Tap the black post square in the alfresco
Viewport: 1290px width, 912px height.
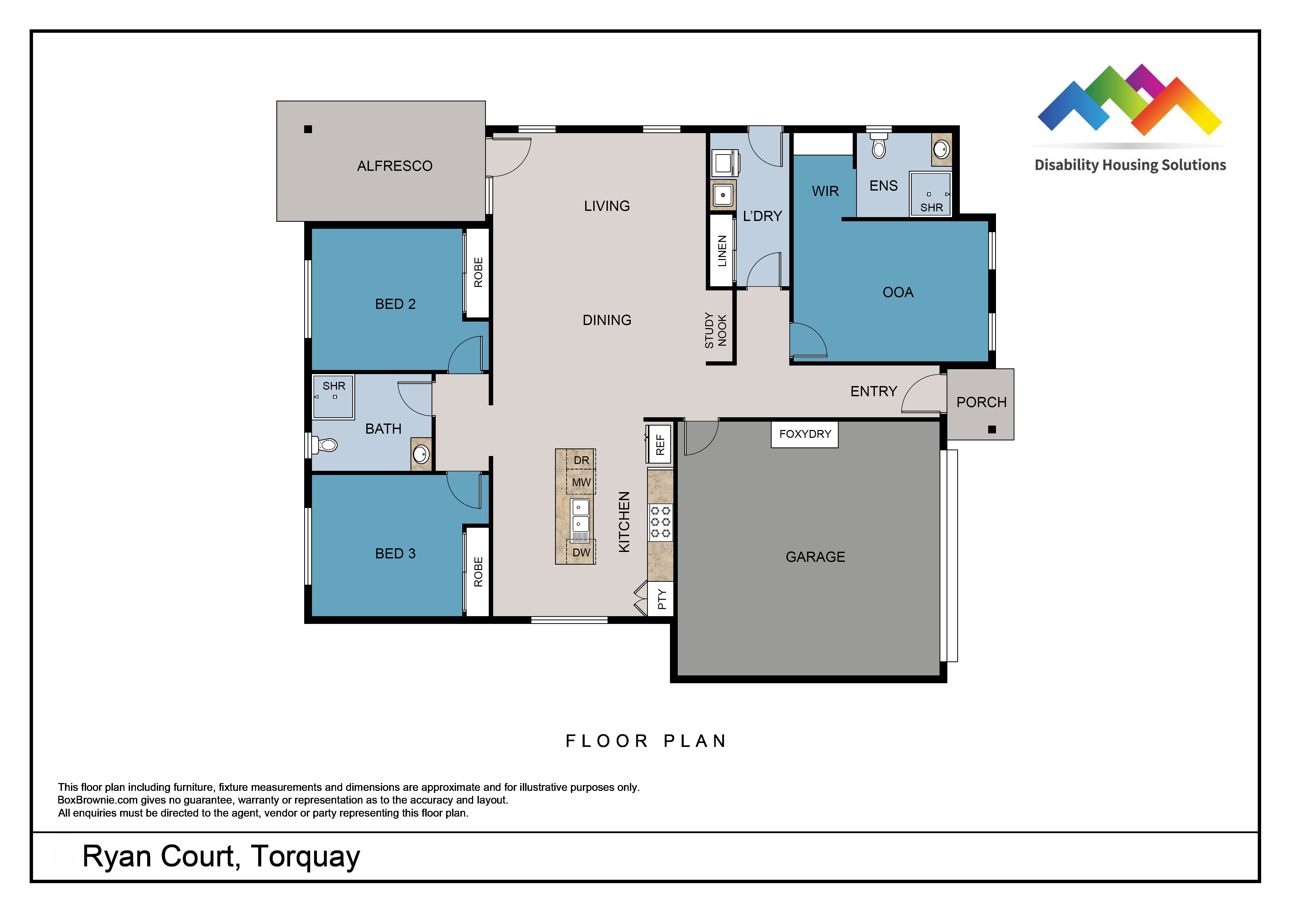308,129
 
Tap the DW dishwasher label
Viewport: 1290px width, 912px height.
582,552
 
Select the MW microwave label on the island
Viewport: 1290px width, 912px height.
582,482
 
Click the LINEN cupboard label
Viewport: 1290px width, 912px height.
722,251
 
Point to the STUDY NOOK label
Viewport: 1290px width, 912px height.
716,330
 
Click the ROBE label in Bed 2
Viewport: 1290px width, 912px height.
478,272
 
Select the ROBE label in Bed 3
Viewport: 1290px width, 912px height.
478,572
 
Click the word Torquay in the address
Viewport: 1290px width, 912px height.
305,857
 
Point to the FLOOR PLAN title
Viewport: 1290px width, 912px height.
646,741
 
